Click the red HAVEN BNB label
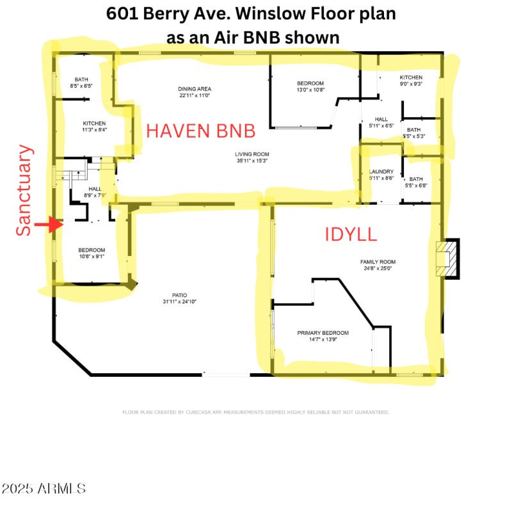tap(201, 131)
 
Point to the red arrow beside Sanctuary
tap(48, 225)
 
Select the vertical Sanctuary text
tap(24, 190)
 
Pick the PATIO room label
tap(174, 298)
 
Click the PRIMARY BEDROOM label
tap(323, 337)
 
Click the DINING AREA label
tap(195, 92)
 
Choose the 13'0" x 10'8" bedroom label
tap(310, 86)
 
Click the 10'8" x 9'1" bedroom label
tap(92, 253)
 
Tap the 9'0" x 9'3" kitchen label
tap(412, 80)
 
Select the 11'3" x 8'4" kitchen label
tap(94, 127)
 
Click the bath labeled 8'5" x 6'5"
tap(81, 83)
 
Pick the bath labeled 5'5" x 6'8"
tap(416, 182)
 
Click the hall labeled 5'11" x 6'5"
tap(381, 122)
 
